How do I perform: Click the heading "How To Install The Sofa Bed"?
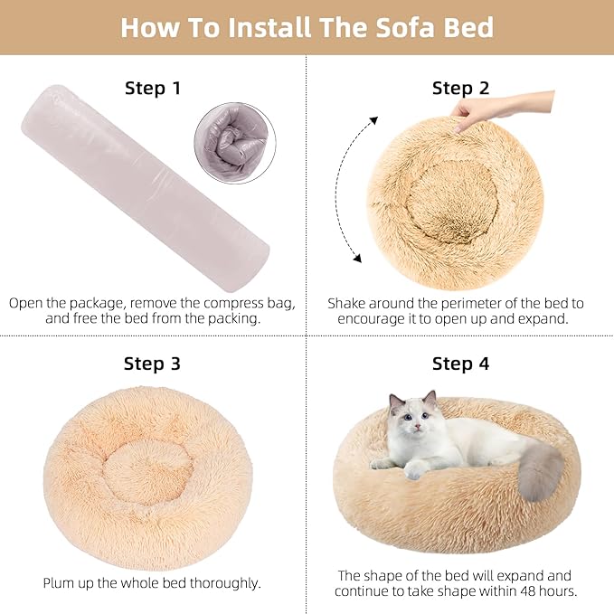[307, 27]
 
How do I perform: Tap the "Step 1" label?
[153, 88]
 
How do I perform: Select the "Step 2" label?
[460, 88]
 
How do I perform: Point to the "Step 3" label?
[152, 364]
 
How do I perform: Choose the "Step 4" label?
[460, 364]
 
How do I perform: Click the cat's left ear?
[395, 401]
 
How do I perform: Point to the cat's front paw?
[415, 470]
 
